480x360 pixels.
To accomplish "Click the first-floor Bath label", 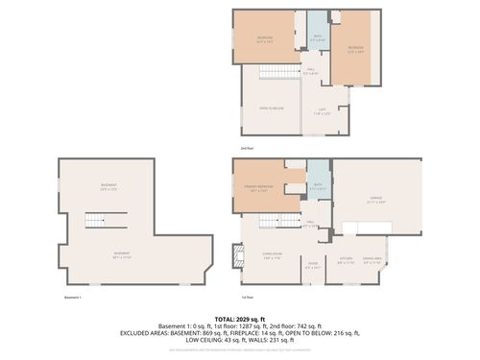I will coord(318,186).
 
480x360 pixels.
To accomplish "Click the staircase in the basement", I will coord(95,222).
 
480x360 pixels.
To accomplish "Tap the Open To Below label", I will coord(272,108).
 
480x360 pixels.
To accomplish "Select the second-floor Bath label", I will coord(317,39).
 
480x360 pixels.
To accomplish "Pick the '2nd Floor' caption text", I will coord(248,149).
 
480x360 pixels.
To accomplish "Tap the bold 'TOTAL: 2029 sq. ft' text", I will coord(240,316).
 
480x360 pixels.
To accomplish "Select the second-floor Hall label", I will coord(310,71).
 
